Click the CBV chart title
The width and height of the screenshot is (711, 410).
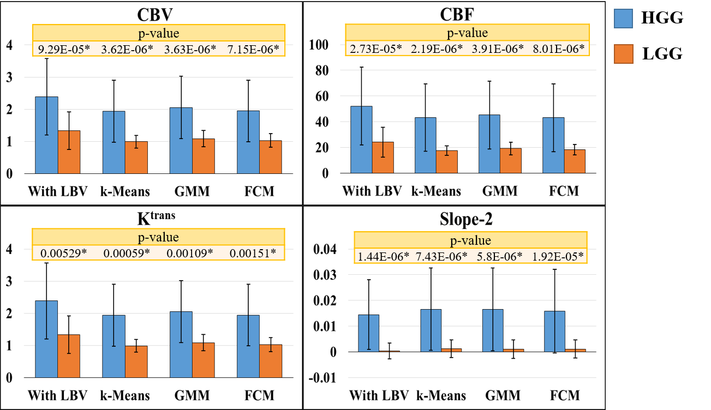pos(154,14)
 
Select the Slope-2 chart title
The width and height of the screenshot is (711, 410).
pos(466,219)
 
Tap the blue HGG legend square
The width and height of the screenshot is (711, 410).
pos(623,19)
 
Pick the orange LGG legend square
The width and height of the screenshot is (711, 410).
pos(623,53)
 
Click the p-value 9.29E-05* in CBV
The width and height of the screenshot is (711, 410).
pos(64,49)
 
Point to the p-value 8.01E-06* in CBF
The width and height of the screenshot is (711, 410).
pos(558,49)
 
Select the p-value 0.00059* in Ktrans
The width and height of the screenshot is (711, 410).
pos(127,253)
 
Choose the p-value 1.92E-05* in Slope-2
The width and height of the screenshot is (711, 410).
pos(558,257)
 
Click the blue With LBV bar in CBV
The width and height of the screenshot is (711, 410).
pos(46,135)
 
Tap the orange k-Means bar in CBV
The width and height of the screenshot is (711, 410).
pos(136,157)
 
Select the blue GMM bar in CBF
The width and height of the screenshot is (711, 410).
pos(489,144)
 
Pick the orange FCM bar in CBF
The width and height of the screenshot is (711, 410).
pos(575,161)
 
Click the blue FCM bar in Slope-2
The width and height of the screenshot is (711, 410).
pos(554,331)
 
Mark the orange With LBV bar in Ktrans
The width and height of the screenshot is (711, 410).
pos(69,356)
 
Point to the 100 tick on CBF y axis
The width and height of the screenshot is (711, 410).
pos(318,45)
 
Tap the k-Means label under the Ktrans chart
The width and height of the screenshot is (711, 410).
pos(125,395)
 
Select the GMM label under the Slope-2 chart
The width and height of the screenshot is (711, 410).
pos(503,395)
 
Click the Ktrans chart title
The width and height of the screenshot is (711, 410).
pos(156,218)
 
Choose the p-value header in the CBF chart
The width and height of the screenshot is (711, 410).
pos(467,33)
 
